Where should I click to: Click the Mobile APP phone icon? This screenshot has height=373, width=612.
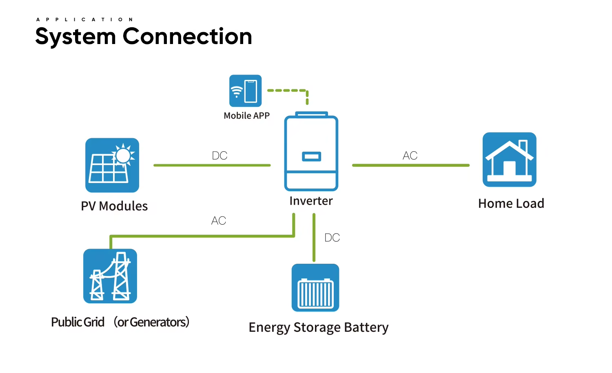tap(245, 90)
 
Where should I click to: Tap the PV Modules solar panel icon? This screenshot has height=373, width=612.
tap(112, 165)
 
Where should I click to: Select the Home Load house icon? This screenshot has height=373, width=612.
tap(509, 159)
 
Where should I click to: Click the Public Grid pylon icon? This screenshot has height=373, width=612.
tap(110, 276)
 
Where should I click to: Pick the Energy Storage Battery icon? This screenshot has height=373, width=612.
tap(315, 288)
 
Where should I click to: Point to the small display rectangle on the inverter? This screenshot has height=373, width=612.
tap(311, 156)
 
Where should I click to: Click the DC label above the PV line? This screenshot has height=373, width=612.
tap(220, 156)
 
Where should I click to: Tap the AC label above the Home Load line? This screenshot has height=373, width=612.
tap(410, 156)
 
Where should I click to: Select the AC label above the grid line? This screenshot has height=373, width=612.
tap(219, 221)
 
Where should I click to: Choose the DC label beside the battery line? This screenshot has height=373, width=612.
tap(332, 238)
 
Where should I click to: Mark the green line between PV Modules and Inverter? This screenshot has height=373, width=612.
tap(212, 165)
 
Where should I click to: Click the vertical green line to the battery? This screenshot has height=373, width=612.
tap(314, 238)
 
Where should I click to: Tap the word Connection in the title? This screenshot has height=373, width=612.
tap(187, 36)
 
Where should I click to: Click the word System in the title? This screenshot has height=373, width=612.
tap(75, 37)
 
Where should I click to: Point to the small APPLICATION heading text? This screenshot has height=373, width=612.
tap(84, 20)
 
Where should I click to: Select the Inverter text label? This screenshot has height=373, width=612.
tap(311, 201)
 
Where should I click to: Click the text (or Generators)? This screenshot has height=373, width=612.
tap(151, 322)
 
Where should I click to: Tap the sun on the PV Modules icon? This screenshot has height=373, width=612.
tap(123, 155)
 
